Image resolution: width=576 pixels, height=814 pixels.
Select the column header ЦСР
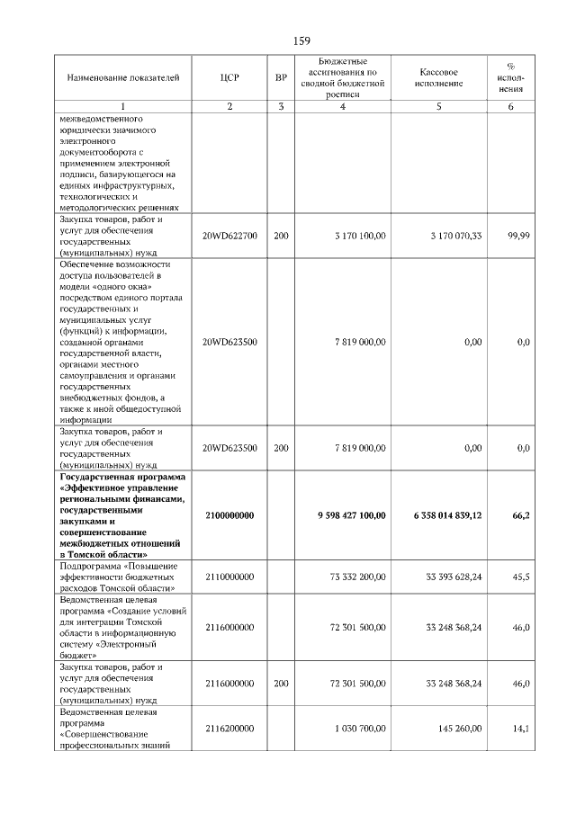tap(229, 78)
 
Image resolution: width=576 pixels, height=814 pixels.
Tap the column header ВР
tap(281, 78)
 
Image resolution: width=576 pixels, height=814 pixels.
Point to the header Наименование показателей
tap(117, 78)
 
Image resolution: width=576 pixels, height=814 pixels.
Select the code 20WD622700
tap(229, 236)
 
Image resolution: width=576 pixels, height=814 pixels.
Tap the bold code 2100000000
tap(229, 515)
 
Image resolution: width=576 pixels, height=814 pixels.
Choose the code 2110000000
tap(229, 577)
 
